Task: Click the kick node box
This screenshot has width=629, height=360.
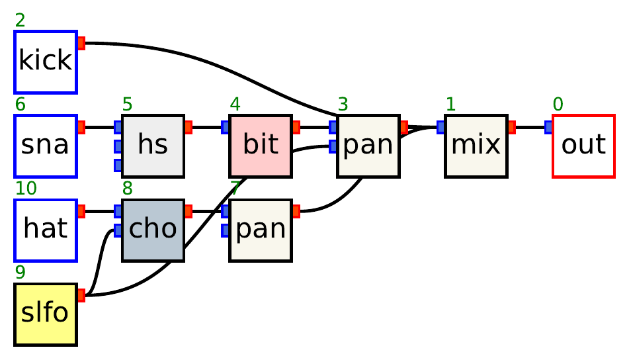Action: [46, 62]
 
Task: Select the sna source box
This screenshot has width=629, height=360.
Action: [46, 146]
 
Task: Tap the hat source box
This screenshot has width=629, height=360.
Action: [46, 230]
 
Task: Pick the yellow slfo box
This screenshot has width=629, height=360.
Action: [46, 314]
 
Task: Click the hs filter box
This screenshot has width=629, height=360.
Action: [153, 146]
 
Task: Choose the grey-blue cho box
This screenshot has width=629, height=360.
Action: [153, 230]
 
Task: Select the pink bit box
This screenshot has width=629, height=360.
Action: [261, 146]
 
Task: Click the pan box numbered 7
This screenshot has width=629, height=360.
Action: [261, 230]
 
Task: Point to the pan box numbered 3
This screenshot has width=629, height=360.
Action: [368, 146]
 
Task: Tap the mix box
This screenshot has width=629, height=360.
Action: [476, 146]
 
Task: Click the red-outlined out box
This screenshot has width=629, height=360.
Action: [583, 146]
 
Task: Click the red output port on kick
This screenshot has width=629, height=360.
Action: [81, 44]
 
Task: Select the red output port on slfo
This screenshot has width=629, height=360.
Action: [81, 295]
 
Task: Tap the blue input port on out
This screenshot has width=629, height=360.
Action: [548, 127]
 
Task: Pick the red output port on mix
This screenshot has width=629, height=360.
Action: [511, 127]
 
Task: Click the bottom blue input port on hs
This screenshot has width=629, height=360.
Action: [118, 164]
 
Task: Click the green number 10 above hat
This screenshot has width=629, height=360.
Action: [25, 189]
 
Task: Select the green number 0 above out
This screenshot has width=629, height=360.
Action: [558, 105]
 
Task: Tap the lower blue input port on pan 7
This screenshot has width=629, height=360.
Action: [226, 230]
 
